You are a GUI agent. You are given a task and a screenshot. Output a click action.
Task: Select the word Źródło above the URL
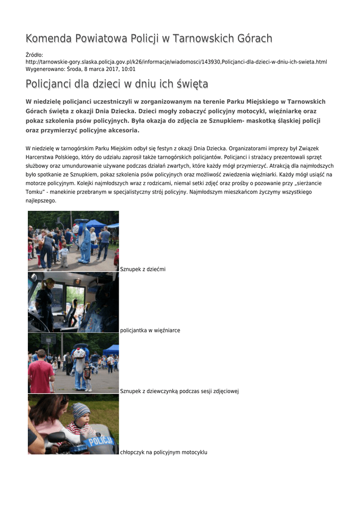point(34,55)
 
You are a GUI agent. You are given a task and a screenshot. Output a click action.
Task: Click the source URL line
point(176,62)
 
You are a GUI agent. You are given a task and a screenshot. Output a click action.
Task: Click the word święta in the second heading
point(192,84)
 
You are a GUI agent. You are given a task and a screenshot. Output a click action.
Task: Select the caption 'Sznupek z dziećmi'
point(143,269)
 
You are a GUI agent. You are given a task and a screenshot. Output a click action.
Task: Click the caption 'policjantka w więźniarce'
point(150,330)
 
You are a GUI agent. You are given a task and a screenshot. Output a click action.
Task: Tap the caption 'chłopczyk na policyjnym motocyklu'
point(163,452)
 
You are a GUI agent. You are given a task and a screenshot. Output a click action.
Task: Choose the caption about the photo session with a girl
point(179,391)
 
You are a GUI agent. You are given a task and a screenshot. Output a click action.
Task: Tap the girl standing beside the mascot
point(87,377)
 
